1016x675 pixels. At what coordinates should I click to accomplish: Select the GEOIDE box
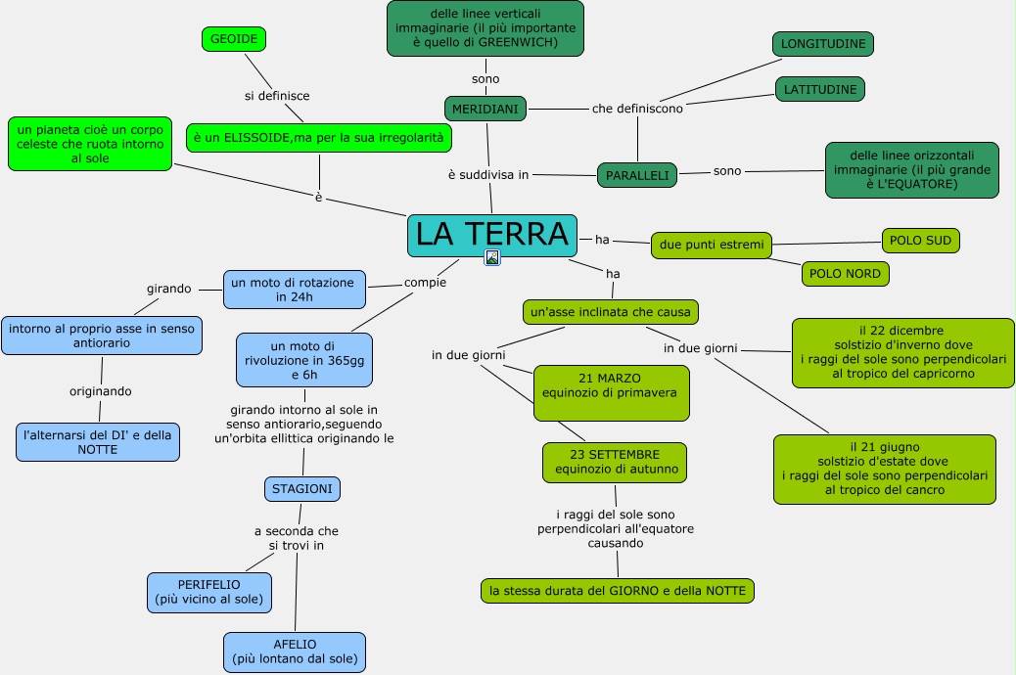234,39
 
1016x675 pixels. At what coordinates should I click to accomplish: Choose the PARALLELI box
637,175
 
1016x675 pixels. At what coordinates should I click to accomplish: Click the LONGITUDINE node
822,44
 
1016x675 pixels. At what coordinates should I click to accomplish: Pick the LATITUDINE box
820,89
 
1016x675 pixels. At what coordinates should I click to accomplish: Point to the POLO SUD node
921,241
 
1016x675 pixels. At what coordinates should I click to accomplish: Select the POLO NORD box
846,274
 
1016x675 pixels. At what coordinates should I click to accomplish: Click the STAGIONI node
302,489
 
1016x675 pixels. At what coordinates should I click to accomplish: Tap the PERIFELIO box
208,593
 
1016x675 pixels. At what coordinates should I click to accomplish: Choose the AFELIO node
295,652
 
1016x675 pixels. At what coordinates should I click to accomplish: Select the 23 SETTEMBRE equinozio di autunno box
615,462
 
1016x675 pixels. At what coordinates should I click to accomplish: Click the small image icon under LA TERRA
492,258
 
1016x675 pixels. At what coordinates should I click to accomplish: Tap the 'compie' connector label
425,283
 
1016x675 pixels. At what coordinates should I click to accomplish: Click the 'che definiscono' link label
637,109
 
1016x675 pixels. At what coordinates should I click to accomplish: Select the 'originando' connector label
100,391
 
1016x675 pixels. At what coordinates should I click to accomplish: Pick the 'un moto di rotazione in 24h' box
295,290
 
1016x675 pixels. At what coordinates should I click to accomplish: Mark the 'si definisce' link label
277,96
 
